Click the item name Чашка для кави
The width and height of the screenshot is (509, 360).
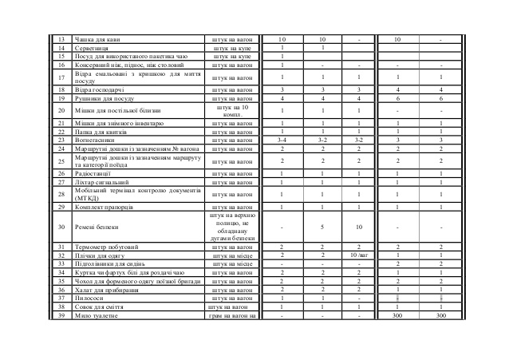[94, 39]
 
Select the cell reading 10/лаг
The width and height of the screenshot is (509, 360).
[360, 255]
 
